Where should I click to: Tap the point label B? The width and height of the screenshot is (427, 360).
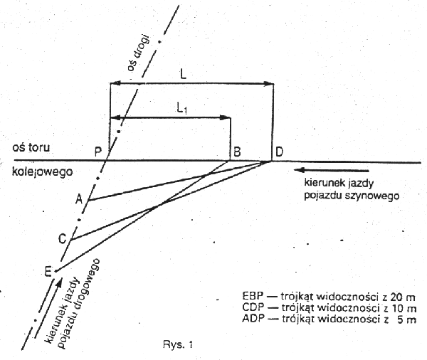pos(236,151)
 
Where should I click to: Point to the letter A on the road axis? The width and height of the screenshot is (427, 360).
pos(79,201)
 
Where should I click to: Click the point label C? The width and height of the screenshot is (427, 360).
pos(62,240)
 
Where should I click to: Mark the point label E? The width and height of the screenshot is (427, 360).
pos(48,270)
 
